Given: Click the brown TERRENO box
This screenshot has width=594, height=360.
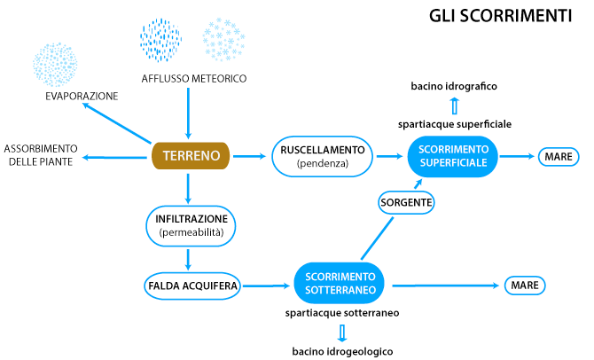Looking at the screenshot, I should click(190, 157).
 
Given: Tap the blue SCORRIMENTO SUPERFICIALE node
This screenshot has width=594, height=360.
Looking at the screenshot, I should click(453, 157).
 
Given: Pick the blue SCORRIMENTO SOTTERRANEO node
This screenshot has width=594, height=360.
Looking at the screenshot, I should click(342, 284).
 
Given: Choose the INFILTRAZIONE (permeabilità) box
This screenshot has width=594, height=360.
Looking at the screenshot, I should click(192, 225).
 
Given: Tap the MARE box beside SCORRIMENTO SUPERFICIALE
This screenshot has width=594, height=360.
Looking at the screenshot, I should click(559, 157).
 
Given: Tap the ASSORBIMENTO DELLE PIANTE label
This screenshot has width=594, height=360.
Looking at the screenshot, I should click(42, 153).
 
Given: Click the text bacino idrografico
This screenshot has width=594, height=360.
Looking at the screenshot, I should click(452, 86).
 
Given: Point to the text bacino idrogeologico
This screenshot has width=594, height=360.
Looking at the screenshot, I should click(342, 351).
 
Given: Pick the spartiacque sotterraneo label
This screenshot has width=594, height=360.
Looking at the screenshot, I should click(342, 314).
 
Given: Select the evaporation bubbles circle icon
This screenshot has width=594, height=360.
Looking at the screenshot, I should click(56, 62).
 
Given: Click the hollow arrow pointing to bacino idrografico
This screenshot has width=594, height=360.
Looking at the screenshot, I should click(454, 106).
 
